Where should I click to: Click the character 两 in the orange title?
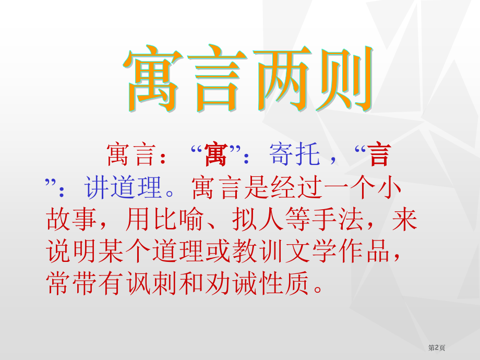(282, 78)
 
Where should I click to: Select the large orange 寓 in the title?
(154, 78)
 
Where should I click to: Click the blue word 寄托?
(295, 154)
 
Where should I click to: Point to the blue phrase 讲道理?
(123, 187)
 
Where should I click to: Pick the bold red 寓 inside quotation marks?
(216, 154)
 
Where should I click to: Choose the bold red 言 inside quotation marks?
(380, 154)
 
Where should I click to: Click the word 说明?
(71, 251)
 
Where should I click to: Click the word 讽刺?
(151, 283)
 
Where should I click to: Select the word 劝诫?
(231, 283)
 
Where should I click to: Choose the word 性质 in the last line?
(284, 283)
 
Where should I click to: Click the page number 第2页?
(437, 347)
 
